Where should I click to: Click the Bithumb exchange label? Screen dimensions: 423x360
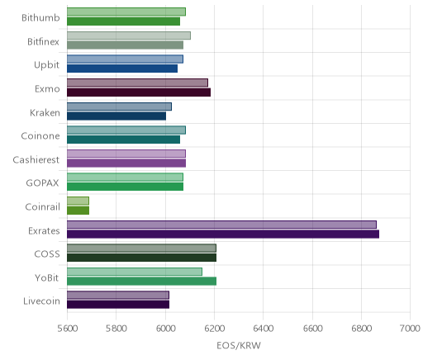click(40, 18)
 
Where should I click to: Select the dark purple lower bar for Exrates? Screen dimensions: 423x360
click(223, 234)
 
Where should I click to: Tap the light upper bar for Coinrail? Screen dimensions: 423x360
click(78, 201)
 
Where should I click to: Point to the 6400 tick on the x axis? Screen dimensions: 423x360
click(264, 329)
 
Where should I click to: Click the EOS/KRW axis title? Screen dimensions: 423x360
click(239, 346)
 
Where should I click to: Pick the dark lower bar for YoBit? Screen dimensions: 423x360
click(141, 282)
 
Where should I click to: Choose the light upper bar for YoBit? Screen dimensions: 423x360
click(135, 272)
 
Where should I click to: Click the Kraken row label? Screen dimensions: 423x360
click(45, 113)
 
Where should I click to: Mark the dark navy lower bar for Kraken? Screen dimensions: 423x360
click(116, 116)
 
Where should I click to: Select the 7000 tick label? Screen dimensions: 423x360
click(411, 329)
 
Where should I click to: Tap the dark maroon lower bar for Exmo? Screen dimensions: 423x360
click(139, 92)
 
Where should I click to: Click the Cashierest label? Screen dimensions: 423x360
click(36, 160)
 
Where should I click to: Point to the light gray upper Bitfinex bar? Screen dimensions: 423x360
click(129, 36)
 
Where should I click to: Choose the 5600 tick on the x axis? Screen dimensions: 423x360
click(68, 329)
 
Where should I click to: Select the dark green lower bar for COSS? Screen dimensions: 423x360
click(141, 258)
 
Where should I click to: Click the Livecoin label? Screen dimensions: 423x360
click(41, 301)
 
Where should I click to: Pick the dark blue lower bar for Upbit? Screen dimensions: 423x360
click(122, 69)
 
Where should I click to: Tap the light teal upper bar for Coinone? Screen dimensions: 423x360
click(126, 130)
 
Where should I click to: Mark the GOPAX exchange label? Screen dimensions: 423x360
click(42, 183)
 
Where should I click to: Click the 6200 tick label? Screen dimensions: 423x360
click(215, 329)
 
